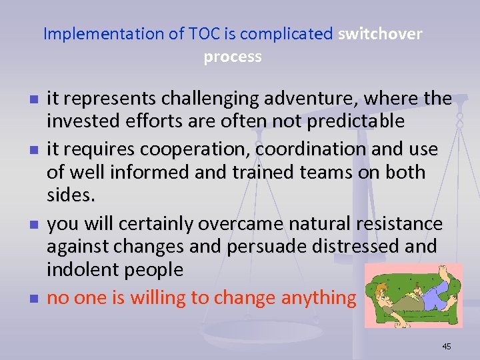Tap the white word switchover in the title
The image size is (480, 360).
(x=380, y=34)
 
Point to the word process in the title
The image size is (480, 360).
(x=233, y=57)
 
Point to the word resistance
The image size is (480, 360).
(x=393, y=223)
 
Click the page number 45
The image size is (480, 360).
(x=446, y=346)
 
